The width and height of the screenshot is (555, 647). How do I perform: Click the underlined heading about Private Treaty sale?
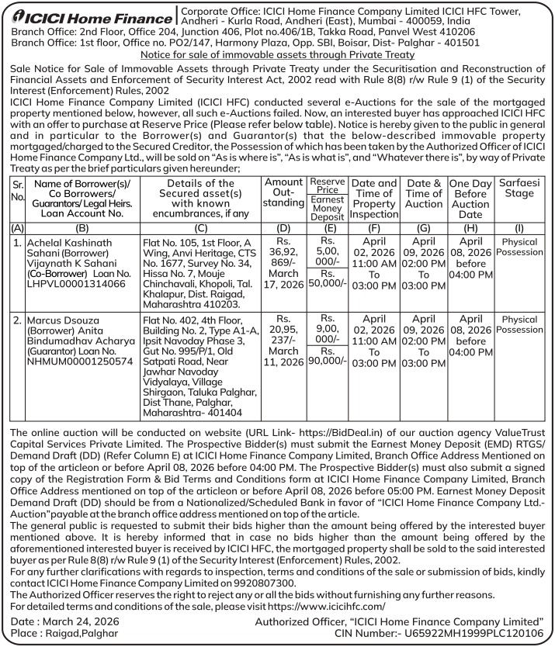click(277, 56)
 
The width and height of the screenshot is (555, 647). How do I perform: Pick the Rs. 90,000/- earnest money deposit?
click(328, 361)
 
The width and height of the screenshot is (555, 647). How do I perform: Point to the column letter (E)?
click(327, 229)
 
